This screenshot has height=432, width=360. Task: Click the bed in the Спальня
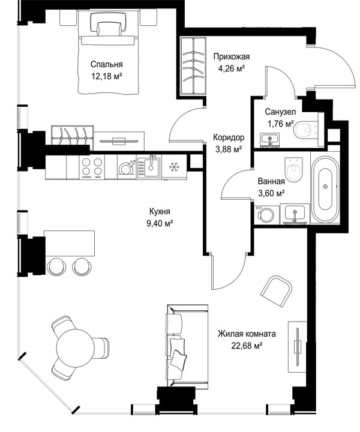coord(108,52)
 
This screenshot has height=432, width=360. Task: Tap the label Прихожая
coord(232,57)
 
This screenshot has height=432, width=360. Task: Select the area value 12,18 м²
coord(107,76)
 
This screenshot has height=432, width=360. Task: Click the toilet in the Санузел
coord(305,130)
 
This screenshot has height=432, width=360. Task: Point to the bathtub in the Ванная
coord(325,187)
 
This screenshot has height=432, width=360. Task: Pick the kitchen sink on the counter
coord(149,167)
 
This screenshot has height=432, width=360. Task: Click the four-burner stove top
coord(91,167)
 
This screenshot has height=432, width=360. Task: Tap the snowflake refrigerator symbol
coord(174,167)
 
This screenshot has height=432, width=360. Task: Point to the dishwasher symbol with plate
coord(127,167)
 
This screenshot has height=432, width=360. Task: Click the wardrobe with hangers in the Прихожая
coord(193,67)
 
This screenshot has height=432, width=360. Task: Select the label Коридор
coord(229,137)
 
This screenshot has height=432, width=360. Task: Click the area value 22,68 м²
coord(247,346)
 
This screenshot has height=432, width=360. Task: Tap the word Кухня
coord(160,212)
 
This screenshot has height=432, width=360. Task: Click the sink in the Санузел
coord(269,139)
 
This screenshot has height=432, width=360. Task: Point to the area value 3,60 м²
coord(271,193)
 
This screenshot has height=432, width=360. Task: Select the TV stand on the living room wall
coord(297,347)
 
